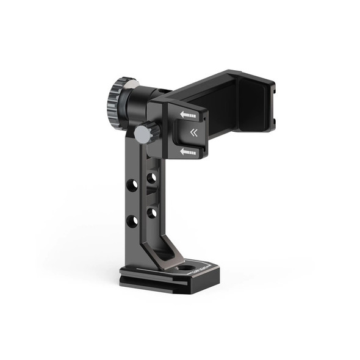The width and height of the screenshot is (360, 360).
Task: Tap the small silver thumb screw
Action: pos(143,134)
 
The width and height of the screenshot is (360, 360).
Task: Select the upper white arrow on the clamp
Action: pos(188,114)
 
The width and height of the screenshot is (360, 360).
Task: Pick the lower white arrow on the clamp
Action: pos(188,152)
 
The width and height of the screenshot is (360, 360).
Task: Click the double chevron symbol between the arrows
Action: pos(194,133)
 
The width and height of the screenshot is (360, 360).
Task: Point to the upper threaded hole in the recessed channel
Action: pos(152,178)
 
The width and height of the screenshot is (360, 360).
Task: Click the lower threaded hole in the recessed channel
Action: pos(152,214)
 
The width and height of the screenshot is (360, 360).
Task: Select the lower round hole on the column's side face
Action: pos(132,220)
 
